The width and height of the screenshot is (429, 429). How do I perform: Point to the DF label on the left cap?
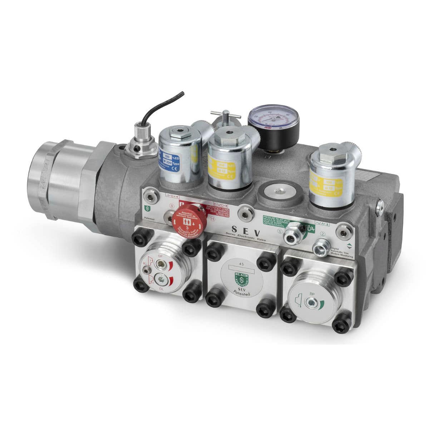[161, 256]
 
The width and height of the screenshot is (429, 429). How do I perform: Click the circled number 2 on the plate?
[323, 233]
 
